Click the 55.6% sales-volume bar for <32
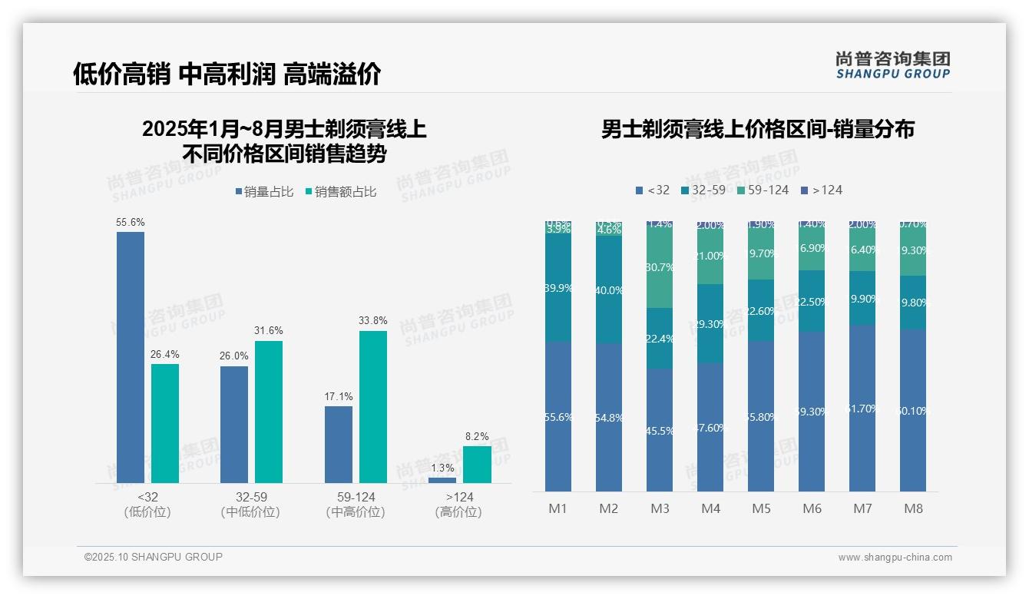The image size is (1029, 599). coord(131,357)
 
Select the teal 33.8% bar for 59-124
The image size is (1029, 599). coord(373,406)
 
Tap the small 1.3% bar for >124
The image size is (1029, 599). coord(442,480)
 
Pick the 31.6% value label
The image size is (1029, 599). coord(269,331)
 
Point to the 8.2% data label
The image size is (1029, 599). coord(477,436)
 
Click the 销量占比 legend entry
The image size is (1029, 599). coord(264,192)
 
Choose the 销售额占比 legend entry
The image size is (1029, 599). coord(341,192)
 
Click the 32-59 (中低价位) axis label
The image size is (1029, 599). coord(250,505)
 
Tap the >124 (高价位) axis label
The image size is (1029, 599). coord(458,505)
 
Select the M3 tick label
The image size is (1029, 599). coord(660,508)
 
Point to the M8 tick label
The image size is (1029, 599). coord(913,508)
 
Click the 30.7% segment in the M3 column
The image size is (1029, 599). coord(660,268)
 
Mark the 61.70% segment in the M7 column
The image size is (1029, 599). coord(862,408)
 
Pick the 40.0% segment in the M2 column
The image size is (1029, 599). coord(609,290)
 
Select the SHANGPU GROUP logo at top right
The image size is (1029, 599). coord(892,65)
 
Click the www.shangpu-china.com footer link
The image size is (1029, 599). coord(895,558)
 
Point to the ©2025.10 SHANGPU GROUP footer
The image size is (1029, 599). coord(154,558)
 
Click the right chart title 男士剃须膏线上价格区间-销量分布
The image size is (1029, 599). coord(757,130)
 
